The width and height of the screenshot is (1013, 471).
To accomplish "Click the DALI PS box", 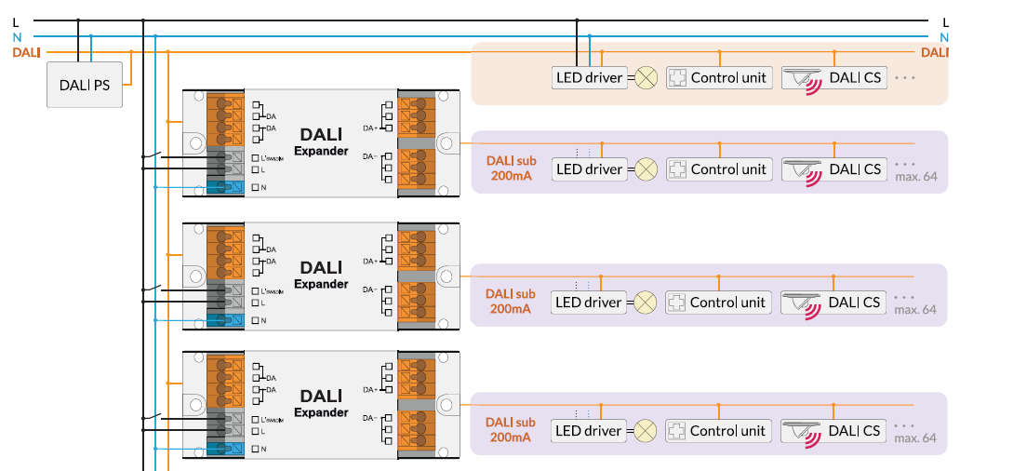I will pos(85,85).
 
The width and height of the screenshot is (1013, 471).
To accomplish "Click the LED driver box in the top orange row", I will pos(589,77).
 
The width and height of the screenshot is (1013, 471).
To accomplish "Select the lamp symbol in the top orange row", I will pos(646,77).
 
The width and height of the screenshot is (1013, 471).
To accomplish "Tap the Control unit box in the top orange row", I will pos(719,77).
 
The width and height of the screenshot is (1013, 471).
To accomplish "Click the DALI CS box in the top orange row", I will pos(832,77).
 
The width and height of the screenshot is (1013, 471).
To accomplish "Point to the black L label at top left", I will pos(16,20).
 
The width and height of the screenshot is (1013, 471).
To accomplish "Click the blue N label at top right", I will pos(945,37).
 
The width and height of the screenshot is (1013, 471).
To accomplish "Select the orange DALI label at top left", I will pos(26,52).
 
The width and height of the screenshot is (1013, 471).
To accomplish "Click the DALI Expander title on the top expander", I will pos(321,142).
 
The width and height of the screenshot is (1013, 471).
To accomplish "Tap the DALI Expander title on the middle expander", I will pos(321,275).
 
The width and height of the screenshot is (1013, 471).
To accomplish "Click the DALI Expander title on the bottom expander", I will pos(321,403).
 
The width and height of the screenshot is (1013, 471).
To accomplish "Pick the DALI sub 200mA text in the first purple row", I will pos(511,168).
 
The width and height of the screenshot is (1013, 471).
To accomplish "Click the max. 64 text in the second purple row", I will pos(915,309).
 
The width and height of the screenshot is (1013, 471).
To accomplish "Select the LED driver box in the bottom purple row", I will pos(589,431).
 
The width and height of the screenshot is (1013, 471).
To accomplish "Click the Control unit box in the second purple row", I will pos(719,303).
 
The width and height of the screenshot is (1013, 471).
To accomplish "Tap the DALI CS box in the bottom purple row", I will pos(832,431).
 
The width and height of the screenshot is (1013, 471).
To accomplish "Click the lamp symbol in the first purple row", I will pos(646,169).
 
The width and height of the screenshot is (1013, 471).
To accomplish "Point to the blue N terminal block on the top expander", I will pos(225,187).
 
